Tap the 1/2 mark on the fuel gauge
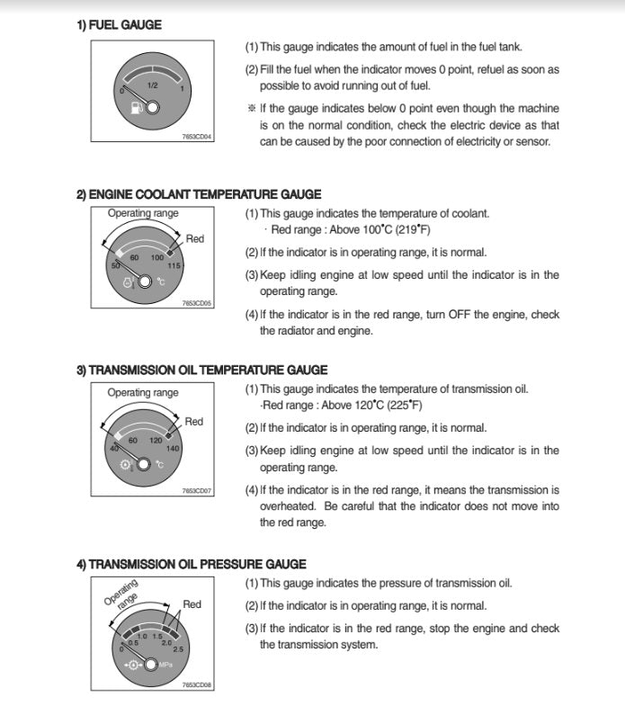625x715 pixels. (x=153, y=85)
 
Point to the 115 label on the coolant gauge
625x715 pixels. (x=174, y=265)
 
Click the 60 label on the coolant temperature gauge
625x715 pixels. (x=134, y=258)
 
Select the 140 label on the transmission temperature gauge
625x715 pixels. (x=173, y=448)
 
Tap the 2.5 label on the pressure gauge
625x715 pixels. (x=178, y=648)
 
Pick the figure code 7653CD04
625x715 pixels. (x=197, y=137)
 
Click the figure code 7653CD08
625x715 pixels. (x=197, y=685)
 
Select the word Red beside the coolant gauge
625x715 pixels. (x=195, y=238)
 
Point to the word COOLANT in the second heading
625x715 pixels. (x=171, y=194)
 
